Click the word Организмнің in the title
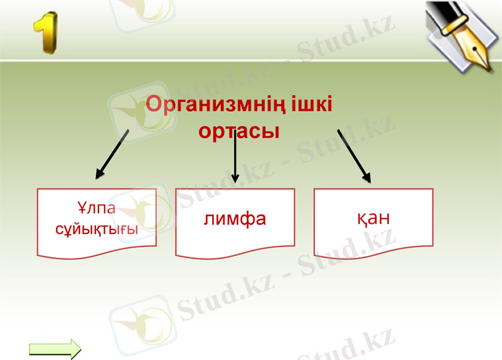click(x=216, y=104)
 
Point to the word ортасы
click(x=238, y=132)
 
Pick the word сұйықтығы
click(x=97, y=229)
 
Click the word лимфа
click(x=235, y=219)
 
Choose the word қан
click(x=373, y=218)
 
